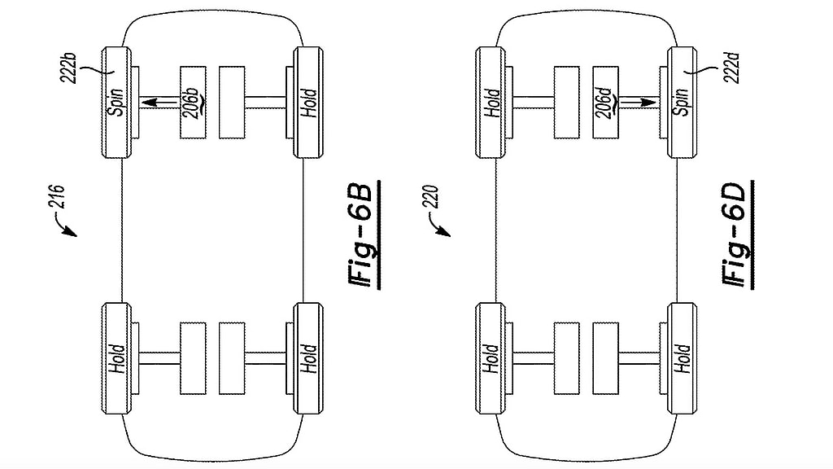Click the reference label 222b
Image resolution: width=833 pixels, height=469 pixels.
pos(69,68)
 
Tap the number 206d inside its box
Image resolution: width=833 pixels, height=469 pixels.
pos(605,103)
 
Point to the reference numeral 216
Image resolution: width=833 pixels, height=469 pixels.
pos(57,197)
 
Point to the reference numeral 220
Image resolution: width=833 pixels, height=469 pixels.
pos(431,197)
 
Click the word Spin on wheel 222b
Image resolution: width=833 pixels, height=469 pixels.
pos(116,102)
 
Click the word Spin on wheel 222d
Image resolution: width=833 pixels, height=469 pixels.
pos(683,102)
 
